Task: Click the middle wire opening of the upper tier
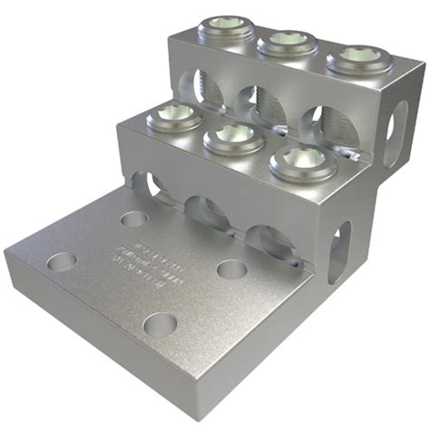259,104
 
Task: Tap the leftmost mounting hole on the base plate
62,263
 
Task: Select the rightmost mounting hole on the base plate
232,270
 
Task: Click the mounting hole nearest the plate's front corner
160,324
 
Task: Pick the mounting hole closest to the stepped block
134,220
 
